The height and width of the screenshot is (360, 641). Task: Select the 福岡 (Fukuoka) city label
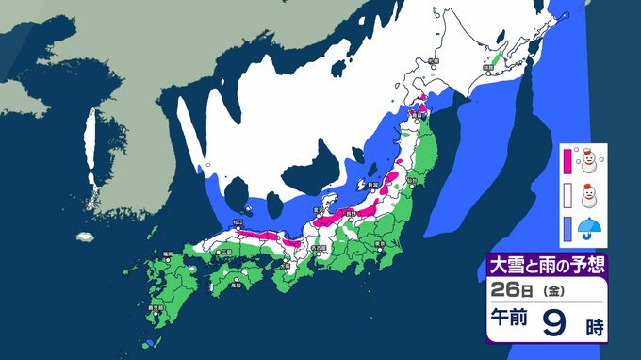tap(167, 254)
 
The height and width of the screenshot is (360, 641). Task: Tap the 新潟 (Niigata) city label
tap(372, 184)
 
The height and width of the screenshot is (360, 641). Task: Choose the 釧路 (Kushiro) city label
tap(487, 67)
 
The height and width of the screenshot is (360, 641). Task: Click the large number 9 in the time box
tap(556, 326)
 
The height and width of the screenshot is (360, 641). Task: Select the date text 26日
tap(515, 289)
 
